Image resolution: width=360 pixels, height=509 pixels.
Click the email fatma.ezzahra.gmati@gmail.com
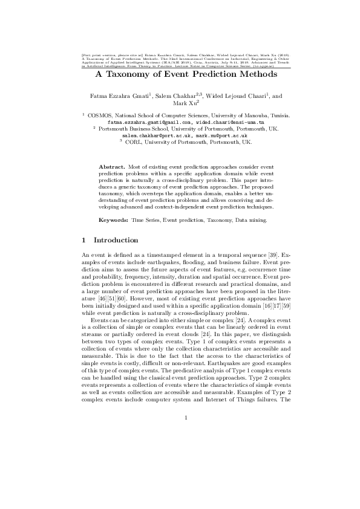(151, 122)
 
